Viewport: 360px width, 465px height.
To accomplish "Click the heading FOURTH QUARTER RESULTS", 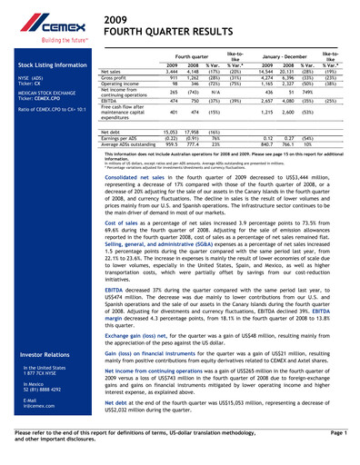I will (151, 32).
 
